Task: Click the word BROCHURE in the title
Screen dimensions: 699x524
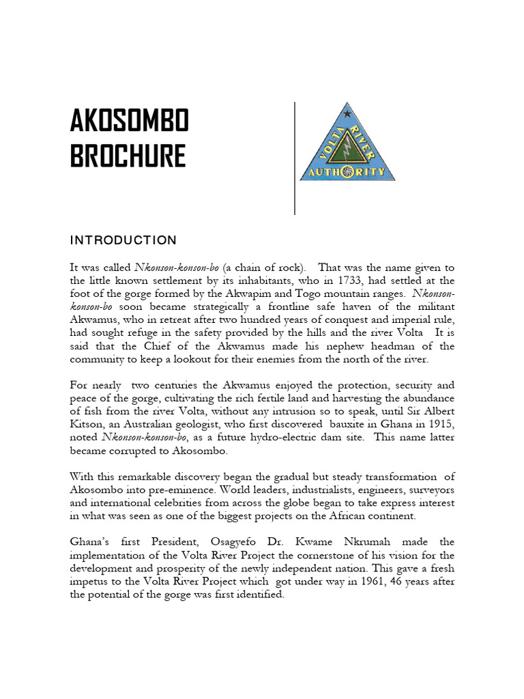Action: click(128, 156)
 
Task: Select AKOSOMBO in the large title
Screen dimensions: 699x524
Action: click(129, 123)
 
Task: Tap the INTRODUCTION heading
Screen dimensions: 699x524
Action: click(123, 240)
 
